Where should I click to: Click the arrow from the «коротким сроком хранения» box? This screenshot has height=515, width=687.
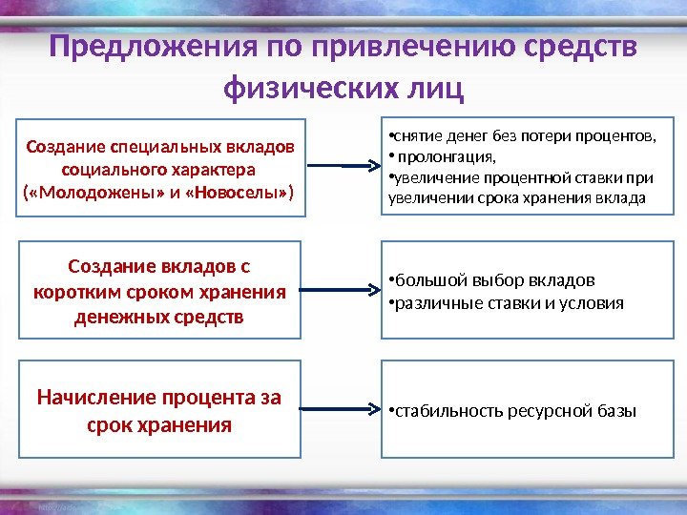pyautogui.click(x=340, y=289)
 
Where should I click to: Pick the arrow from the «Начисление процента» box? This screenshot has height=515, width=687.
pyautogui.click(x=340, y=411)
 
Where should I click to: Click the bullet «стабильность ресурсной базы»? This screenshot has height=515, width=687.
pyautogui.click(x=514, y=411)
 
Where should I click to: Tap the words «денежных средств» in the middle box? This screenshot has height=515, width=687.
pyautogui.click(x=158, y=315)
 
